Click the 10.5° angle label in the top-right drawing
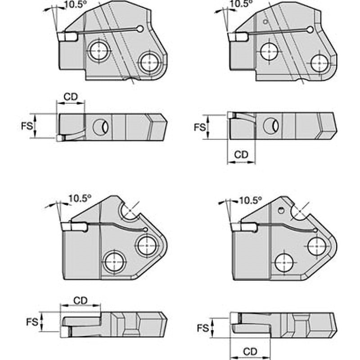point(241,4)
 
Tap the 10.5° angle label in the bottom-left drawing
point(80,198)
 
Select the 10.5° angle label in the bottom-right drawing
point(250,201)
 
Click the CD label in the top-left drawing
point(71,97)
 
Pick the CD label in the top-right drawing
point(241,155)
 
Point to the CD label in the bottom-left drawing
point(81,301)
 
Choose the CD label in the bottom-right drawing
point(250,351)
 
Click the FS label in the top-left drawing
point(27,126)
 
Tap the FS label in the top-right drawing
point(200,127)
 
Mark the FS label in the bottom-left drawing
point(32,322)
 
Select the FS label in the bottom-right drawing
point(203,328)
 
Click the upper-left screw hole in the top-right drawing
point(269,51)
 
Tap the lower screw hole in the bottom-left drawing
point(115,262)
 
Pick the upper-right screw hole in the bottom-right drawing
point(316,246)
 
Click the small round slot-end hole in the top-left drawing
point(140,29)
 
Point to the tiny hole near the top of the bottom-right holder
point(280,209)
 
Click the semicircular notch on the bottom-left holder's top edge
point(129,211)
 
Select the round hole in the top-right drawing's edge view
point(271,126)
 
